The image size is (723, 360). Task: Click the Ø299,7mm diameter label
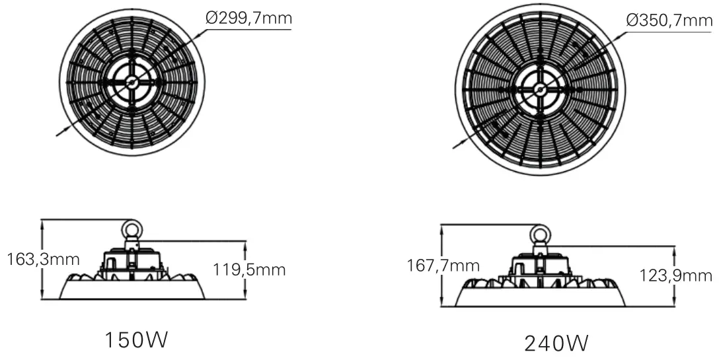pos(248,19)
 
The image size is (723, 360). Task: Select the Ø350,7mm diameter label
pos(670,20)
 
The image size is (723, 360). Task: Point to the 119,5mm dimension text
pos(249,270)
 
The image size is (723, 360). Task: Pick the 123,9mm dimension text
pos(676,275)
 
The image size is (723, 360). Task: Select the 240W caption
pos(556,343)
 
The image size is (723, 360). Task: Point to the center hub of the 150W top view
pos(132,82)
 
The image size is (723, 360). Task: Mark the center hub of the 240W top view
pos(540,89)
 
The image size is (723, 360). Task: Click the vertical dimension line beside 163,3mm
pos(42,258)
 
